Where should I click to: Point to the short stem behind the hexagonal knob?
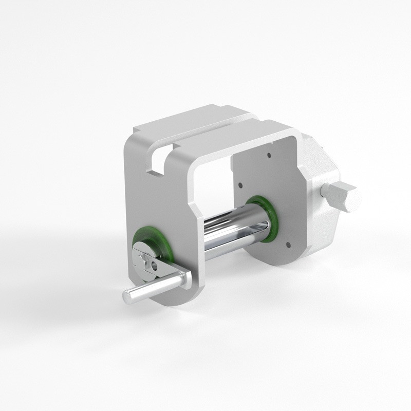(325, 194)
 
